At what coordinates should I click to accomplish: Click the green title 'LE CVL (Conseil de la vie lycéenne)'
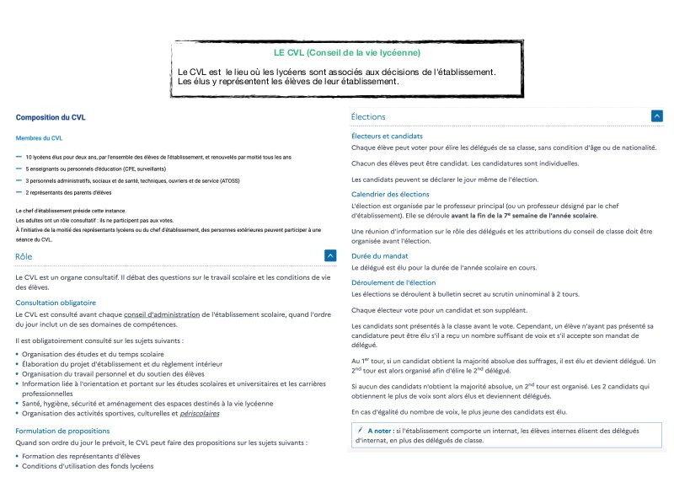347,53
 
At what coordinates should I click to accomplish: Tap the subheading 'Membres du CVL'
39,137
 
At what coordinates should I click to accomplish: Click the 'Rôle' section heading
24,255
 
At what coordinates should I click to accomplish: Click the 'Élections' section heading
368,116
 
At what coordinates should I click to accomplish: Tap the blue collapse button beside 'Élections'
656,116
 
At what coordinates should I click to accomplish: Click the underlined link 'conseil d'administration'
166,315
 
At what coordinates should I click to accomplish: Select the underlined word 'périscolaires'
193,414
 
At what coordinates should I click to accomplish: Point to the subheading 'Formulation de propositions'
62,431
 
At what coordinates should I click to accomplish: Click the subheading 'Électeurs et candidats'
387,136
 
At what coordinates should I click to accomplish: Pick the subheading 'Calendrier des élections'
390,194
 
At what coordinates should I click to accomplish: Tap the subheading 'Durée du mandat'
380,255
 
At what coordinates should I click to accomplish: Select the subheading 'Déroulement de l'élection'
393,282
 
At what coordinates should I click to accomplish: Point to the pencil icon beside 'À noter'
359,430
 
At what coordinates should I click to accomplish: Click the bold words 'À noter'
380,430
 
